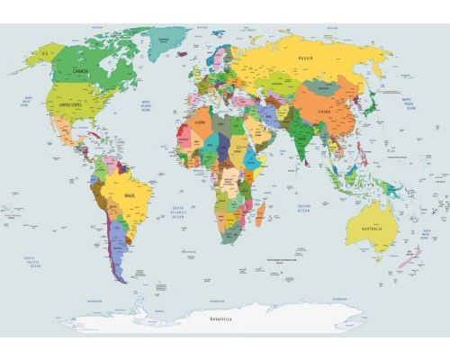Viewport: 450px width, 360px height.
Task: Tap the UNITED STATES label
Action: pyautogui.click(x=76, y=104)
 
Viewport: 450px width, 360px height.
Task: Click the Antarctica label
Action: pyautogui.click(x=220, y=319)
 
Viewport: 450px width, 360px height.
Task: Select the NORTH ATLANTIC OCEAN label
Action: pyautogui.click(x=144, y=103)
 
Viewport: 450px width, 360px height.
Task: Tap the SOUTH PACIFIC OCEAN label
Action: pyautogui.click(x=33, y=261)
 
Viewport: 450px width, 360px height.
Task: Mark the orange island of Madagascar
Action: pyautogui.click(x=262, y=212)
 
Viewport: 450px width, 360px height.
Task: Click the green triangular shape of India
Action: pyautogui.click(x=301, y=139)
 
